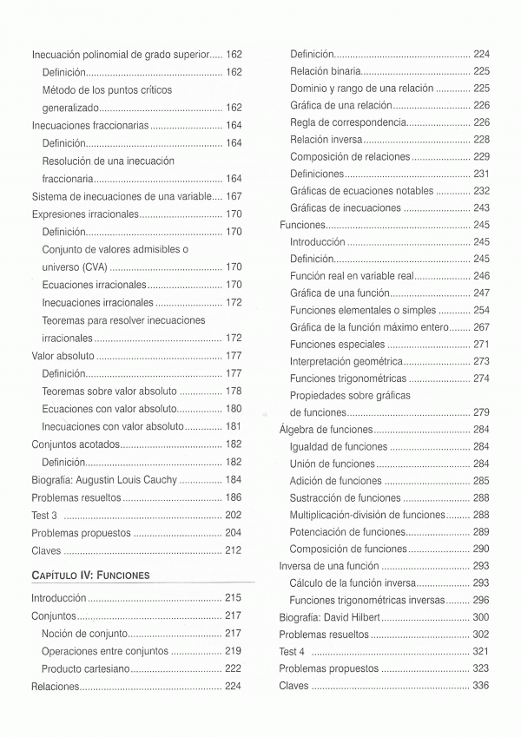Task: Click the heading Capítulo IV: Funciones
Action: pos(90,575)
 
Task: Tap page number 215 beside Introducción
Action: pos(233,598)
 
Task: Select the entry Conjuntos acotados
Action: pos(75,444)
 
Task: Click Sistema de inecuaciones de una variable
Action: pos(121,197)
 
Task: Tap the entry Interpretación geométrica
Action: pos(346,361)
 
